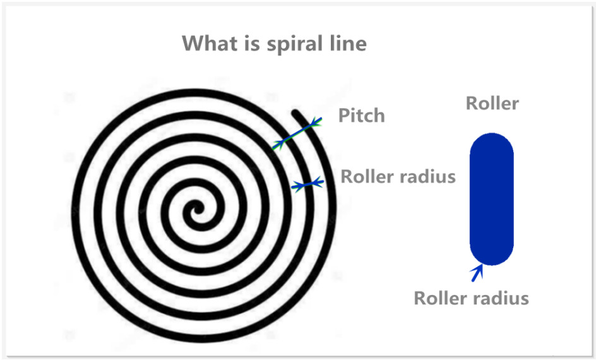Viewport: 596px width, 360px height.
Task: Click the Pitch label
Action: tap(361, 116)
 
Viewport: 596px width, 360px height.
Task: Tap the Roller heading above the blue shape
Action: tap(492, 103)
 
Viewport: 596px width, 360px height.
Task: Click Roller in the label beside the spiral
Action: tap(364, 176)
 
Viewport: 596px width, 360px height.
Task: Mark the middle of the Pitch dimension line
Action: tap(297, 133)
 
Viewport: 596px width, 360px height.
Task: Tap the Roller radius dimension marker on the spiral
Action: tap(307, 184)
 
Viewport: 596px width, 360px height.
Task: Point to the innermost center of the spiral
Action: tap(196, 209)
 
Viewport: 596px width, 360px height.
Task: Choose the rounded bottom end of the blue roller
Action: tap(492, 256)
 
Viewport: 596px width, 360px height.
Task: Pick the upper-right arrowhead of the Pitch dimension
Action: tap(318, 121)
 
